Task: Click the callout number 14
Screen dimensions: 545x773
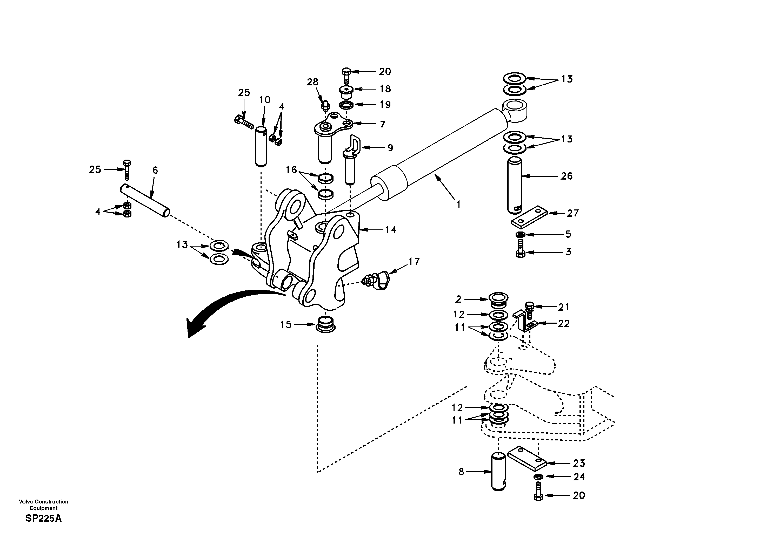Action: click(x=391, y=230)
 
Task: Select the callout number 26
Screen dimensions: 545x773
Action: click(x=566, y=176)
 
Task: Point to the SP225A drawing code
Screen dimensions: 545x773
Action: click(x=44, y=519)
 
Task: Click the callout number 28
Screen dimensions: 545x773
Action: click(x=312, y=82)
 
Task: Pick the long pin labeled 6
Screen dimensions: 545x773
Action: click(x=145, y=201)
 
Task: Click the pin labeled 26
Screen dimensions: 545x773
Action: click(x=515, y=185)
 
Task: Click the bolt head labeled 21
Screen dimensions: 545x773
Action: click(x=529, y=305)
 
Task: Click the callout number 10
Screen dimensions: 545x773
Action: click(x=265, y=100)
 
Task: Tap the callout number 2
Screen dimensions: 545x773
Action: click(x=458, y=299)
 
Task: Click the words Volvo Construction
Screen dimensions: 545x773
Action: click(x=44, y=501)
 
